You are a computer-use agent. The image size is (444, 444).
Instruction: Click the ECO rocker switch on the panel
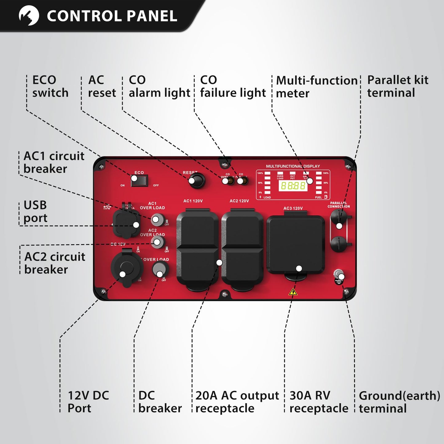139,181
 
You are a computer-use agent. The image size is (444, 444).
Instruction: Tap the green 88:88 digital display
293,186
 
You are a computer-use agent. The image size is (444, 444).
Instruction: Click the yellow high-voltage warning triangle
293,292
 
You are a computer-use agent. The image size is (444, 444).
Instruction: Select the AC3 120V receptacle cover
295,244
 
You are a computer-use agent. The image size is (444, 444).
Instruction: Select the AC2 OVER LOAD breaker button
158,242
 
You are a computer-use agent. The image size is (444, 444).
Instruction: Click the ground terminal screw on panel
339,274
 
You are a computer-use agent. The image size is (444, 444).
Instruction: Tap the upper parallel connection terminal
339,218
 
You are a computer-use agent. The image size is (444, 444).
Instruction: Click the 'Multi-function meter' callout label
316,87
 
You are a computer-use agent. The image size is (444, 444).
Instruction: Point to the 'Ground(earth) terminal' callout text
399,402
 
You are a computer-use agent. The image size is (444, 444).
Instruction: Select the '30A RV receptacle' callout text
319,402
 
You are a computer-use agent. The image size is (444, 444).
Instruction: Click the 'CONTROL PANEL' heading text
112,16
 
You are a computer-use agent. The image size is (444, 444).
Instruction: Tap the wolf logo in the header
29,15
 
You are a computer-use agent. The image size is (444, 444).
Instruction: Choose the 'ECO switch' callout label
50,86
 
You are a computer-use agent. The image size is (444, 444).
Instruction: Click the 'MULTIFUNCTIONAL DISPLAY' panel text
293,166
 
